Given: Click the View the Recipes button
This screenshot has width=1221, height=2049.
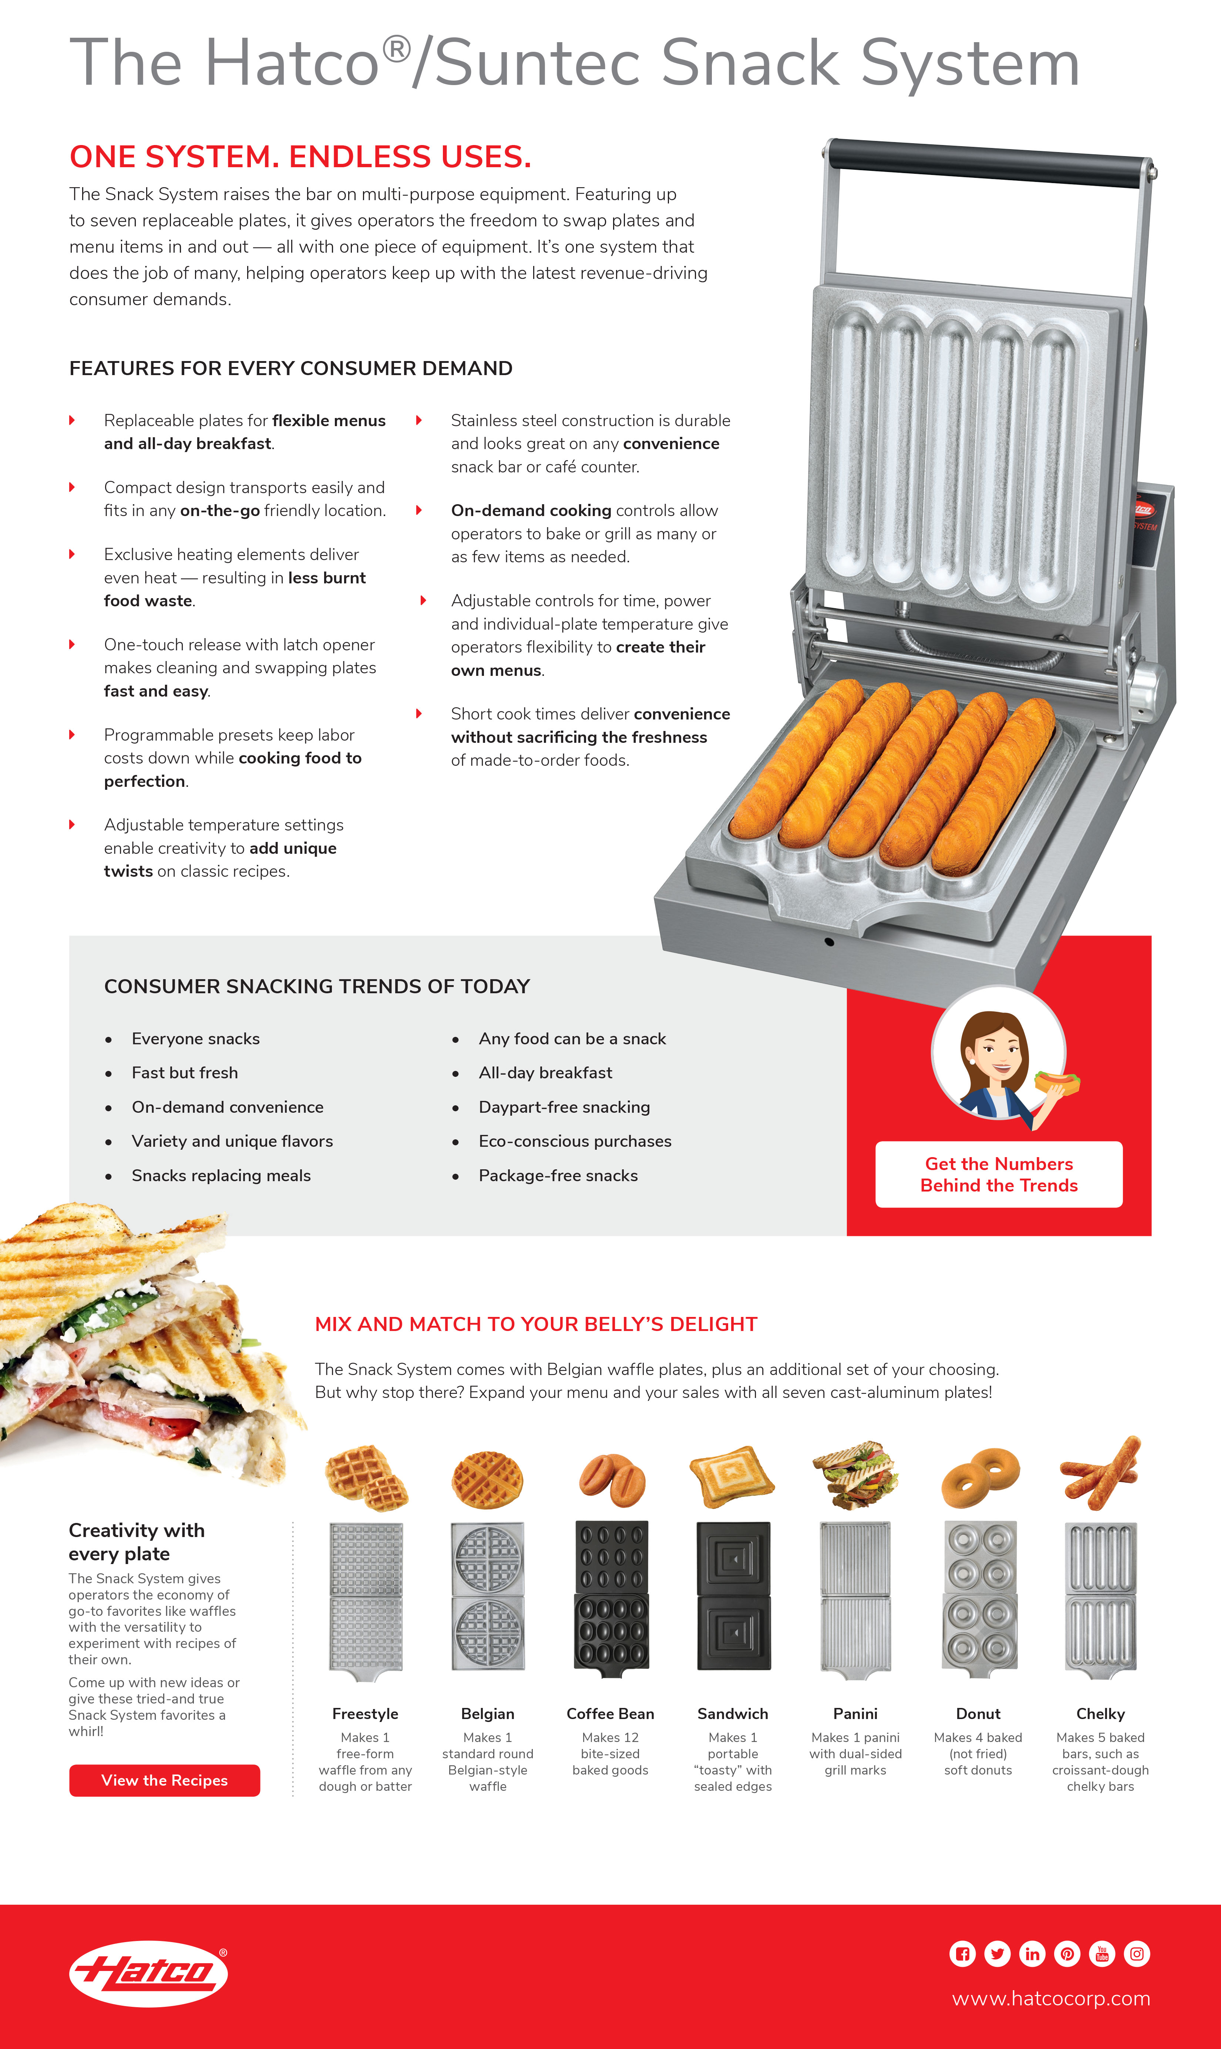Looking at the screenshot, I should (x=165, y=1780).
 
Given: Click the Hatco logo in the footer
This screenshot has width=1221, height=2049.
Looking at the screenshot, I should (x=148, y=1972).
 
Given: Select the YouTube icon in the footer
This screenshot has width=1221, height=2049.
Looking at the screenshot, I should (x=1102, y=1954).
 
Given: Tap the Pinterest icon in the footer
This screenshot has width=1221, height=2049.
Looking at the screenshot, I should (x=1067, y=1954).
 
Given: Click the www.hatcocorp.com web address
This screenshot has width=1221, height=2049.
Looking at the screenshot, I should (x=1051, y=1998).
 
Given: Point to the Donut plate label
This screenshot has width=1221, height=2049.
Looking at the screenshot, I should (x=978, y=1713).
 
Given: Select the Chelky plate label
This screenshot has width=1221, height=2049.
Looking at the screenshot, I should (x=1100, y=1713).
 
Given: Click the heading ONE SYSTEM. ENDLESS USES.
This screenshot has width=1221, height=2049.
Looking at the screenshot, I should (x=300, y=156).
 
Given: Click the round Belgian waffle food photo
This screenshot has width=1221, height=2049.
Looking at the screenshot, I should (x=487, y=1479).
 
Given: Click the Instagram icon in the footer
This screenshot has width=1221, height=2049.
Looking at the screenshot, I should (x=1136, y=1954).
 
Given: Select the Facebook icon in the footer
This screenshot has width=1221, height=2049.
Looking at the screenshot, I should (x=962, y=1954).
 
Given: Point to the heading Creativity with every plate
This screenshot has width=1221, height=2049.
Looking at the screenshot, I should (x=137, y=1541).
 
